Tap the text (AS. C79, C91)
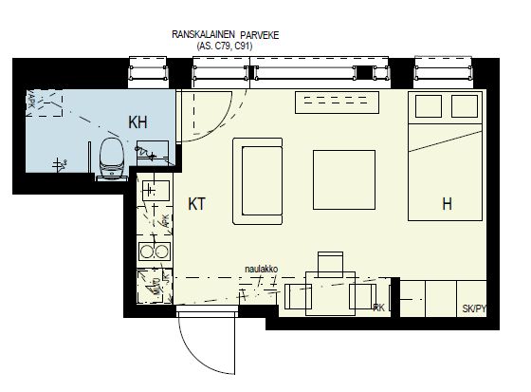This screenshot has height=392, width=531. tap(225, 45)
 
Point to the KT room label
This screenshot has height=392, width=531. tap(198, 203)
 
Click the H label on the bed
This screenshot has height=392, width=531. tap(446, 203)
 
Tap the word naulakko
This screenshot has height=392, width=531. tap(261, 269)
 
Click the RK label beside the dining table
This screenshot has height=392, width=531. tap(379, 308)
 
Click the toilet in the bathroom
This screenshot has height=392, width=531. tap(110, 158)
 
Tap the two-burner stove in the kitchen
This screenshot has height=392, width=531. tap(152, 252)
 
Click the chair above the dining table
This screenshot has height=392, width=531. tap(330, 262)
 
